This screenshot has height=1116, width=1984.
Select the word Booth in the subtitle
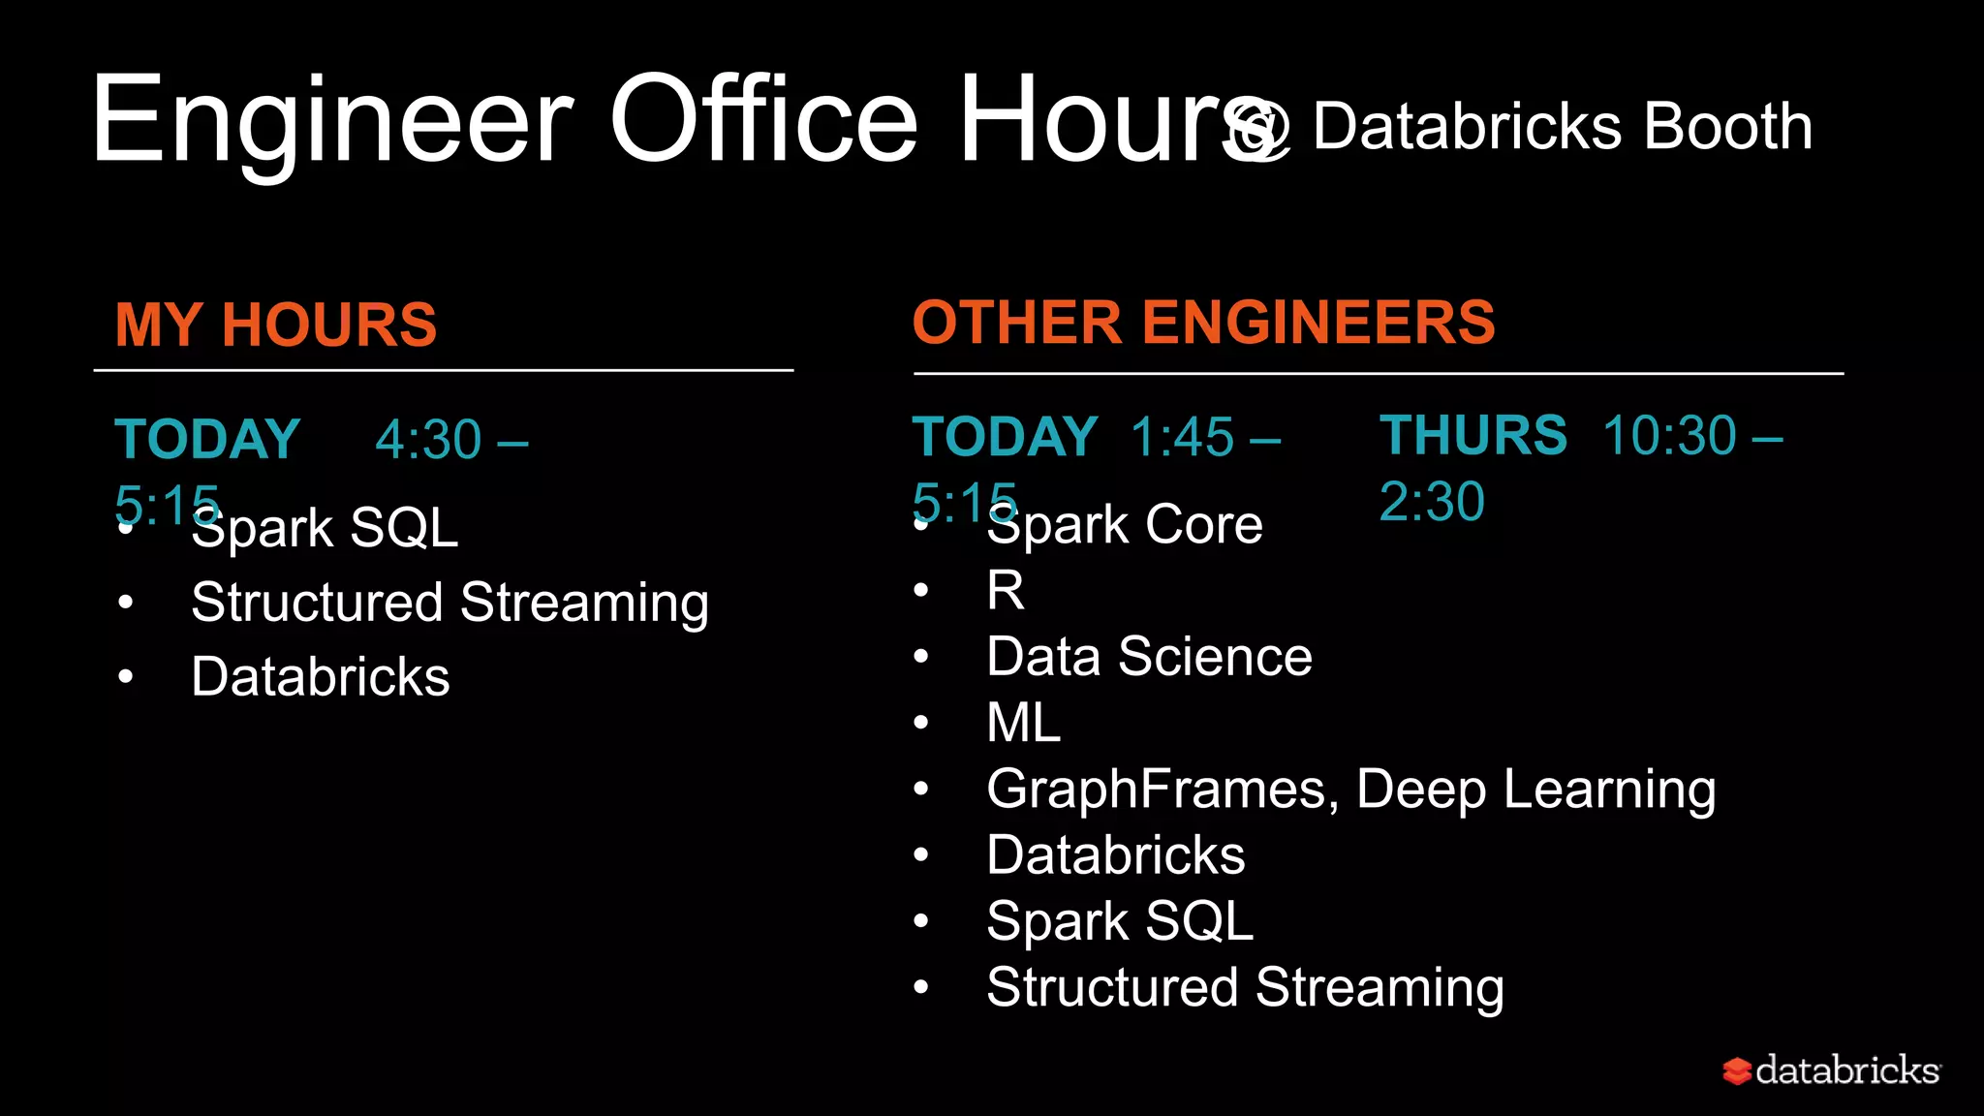click(x=1727, y=127)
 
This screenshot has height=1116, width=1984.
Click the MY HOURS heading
click(x=276, y=325)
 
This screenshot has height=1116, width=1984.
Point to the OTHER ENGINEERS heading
click(x=1203, y=322)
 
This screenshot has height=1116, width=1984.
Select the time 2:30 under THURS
click(x=1432, y=501)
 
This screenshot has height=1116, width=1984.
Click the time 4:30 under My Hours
click(x=428, y=440)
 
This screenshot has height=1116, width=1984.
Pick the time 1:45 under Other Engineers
click(x=1182, y=437)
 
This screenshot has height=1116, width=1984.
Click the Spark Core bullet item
click(x=1124, y=525)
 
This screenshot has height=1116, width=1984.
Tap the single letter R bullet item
click(x=1006, y=590)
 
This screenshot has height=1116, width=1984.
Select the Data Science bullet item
click(x=1149, y=657)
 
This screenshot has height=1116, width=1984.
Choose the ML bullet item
click(x=1023, y=723)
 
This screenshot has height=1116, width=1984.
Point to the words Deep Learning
click(x=1535, y=789)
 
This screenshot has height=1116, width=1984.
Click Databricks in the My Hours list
click(x=321, y=676)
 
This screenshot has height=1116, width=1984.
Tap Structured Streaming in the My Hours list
click(x=449, y=603)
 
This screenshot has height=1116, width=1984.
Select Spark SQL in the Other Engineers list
click(x=1120, y=920)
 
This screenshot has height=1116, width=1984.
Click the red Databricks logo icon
click(x=1737, y=1070)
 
